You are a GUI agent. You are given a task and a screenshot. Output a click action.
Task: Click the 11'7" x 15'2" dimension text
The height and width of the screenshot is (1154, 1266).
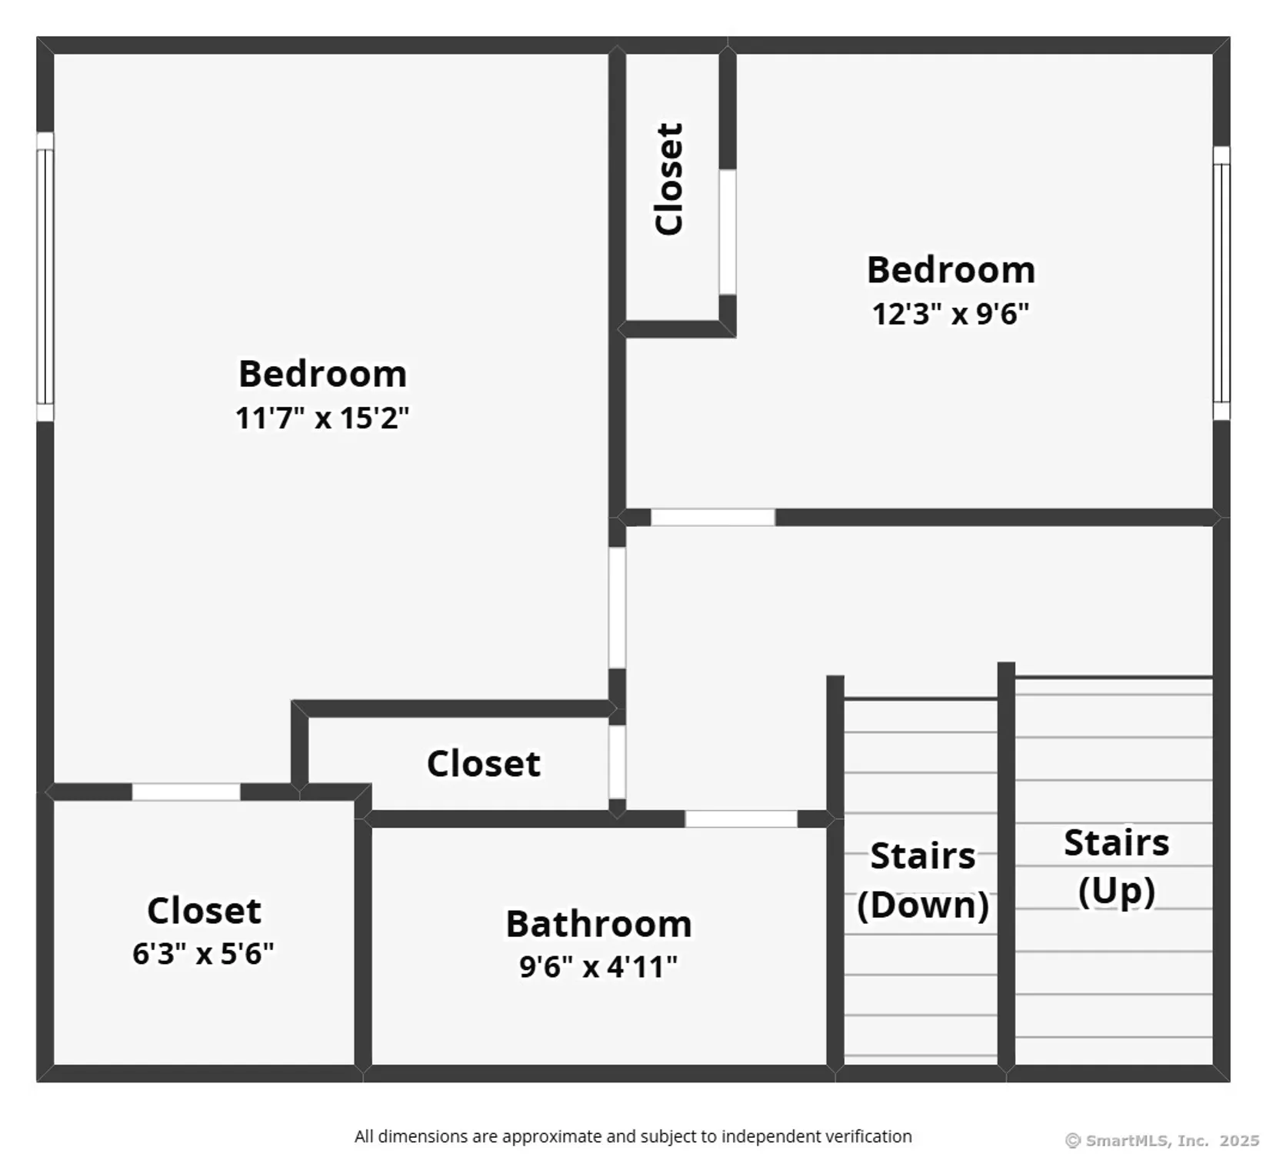[x=322, y=419]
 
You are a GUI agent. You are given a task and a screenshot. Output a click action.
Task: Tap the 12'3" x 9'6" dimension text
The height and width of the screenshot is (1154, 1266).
[x=950, y=314]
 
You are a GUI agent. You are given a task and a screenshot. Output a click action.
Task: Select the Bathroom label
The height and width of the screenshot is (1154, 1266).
[x=598, y=924]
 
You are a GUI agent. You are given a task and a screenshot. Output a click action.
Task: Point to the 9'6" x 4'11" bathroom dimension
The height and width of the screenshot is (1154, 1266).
[x=598, y=967]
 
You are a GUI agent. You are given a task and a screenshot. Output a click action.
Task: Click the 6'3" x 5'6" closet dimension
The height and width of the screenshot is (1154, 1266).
[x=203, y=954]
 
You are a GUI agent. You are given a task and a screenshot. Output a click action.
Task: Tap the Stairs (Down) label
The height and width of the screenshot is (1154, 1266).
[x=922, y=880]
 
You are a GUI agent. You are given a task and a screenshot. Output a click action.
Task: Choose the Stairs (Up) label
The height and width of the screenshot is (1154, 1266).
[x=1116, y=867]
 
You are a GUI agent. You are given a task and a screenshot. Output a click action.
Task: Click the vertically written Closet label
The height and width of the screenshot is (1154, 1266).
[x=668, y=178]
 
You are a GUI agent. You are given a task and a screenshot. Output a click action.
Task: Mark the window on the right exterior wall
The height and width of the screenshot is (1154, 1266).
[x=1221, y=283]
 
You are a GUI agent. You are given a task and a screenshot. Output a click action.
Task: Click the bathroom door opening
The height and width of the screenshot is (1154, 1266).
[x=741, y=819]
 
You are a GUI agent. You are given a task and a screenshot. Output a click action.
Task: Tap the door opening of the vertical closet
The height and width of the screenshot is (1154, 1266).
[x=728, y=232]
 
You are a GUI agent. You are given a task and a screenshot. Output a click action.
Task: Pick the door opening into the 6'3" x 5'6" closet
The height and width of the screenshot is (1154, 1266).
[x=186, y=792]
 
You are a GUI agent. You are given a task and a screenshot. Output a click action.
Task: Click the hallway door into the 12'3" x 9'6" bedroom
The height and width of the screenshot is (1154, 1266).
[x=713, y=517]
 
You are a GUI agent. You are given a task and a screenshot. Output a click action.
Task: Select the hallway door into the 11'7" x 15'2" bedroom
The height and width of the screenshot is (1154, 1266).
[x=617, y=607]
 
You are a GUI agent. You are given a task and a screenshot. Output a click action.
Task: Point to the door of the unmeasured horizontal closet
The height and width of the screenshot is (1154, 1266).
[x=617, y=762]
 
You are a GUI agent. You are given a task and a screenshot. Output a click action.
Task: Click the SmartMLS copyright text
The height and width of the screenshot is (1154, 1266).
[x=1161, y=1140]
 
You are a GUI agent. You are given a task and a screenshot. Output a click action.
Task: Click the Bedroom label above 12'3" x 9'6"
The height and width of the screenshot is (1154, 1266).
[x=951, y=270]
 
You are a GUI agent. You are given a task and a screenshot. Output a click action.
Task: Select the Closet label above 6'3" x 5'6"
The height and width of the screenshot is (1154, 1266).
[x=204, y=911]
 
